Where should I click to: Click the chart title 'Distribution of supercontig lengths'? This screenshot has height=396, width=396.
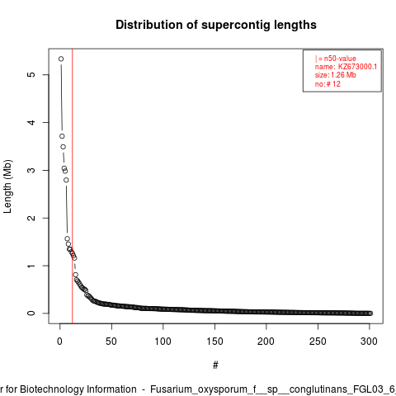216,25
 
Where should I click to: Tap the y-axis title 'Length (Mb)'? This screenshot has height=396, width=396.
7,186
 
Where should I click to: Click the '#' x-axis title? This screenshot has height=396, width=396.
215,365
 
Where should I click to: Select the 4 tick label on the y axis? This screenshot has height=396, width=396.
31,122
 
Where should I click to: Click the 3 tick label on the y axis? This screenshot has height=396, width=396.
31,170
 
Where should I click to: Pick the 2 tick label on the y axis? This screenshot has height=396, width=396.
31,218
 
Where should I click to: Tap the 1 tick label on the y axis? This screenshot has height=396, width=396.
31,266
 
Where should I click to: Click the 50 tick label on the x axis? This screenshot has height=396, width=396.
111,342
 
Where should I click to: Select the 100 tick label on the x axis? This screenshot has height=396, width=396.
163,342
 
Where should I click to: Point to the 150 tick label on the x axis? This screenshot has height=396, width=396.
214,342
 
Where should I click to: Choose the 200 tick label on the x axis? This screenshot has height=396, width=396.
266,342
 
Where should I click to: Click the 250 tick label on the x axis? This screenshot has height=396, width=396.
318,342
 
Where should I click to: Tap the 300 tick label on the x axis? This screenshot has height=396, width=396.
369,342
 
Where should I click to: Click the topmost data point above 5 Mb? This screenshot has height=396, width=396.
61,59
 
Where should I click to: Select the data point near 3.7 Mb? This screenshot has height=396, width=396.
62,136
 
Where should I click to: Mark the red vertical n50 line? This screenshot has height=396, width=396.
73,186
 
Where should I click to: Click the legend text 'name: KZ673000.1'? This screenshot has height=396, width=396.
346,67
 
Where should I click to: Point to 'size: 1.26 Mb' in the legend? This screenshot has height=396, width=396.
336,75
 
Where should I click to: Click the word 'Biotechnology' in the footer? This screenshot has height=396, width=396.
51,389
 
